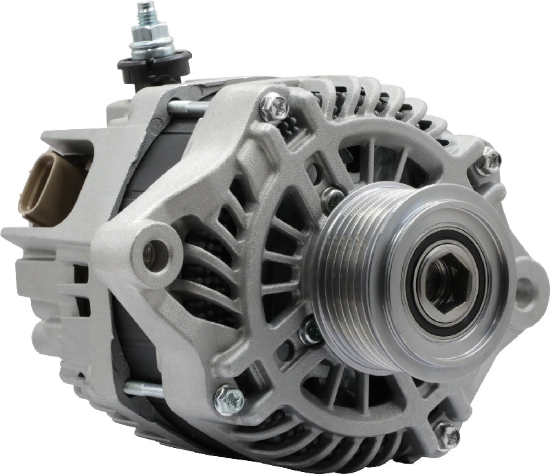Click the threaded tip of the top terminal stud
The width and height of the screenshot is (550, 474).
click(146, 12)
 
